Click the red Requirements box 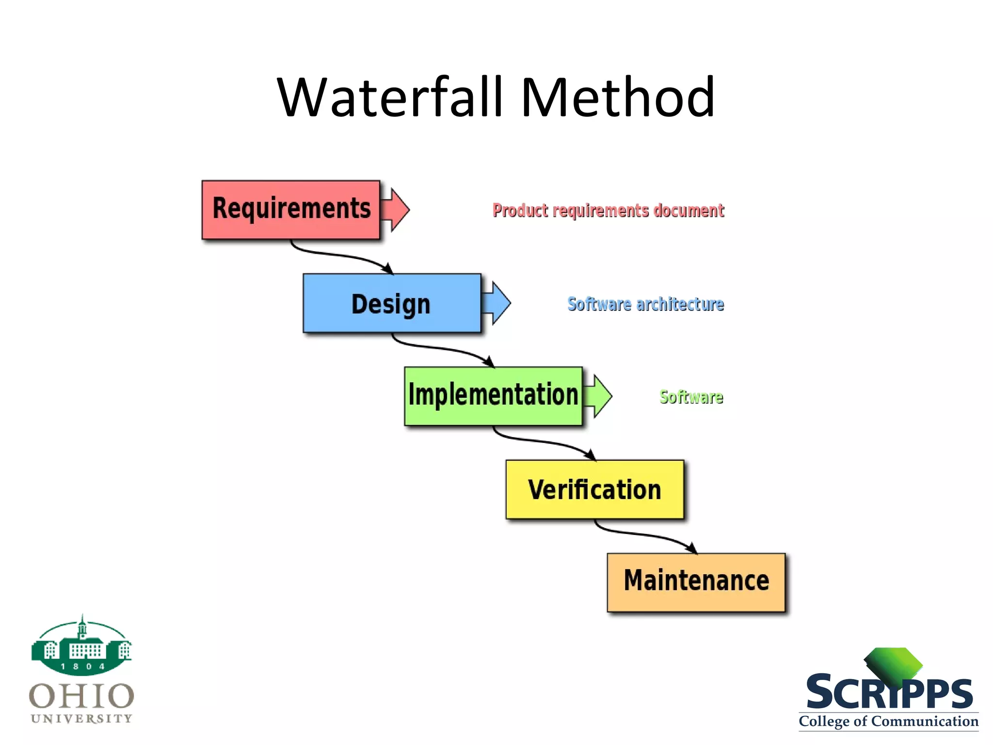click(x=290, y=210)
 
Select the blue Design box click(x=392, y=303)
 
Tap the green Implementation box click(x=493, y=396)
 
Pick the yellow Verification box click(x=594, y=489)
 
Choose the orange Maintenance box click(x=696, y=582)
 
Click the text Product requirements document click(x=608, y=211)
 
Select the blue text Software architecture click(x=645, y=304)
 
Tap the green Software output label click(x=691, y=397)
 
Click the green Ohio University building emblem click(x=81, y=647)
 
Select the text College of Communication click(x=888, y=721)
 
